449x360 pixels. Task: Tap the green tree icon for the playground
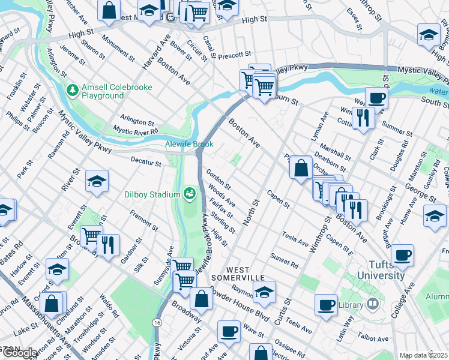[73, 91]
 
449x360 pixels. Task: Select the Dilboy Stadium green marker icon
[190, 193]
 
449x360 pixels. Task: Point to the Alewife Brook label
[189, 145]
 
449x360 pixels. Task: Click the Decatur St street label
[146, 163]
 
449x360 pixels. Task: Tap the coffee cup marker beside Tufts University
[402, 255]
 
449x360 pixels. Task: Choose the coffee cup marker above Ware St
[228, 330]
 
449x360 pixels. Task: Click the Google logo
[19, 353]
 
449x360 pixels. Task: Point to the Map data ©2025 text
[424, 355]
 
